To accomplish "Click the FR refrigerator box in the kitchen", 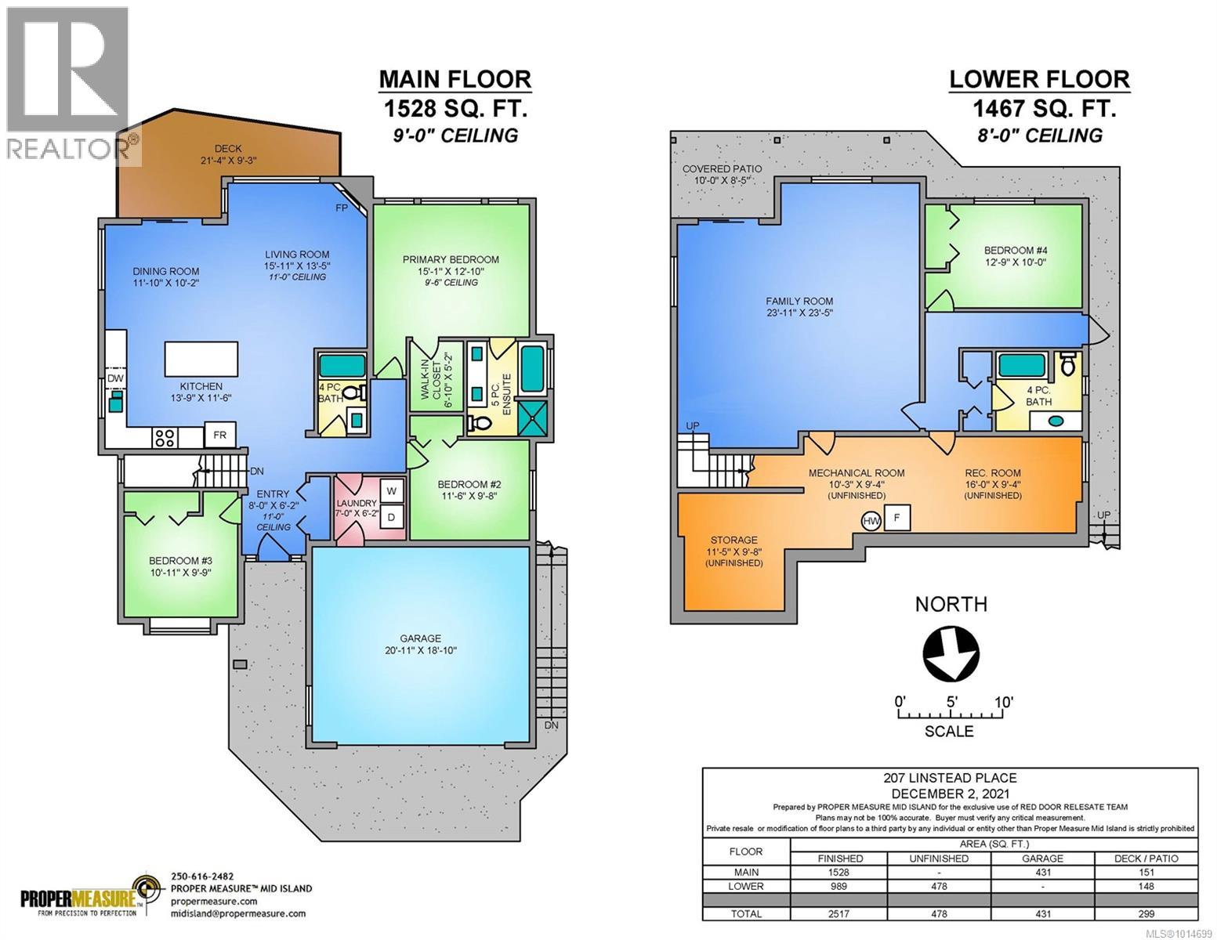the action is click(219, 435).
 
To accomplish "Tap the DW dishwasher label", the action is click(115, 378).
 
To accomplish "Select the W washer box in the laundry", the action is click(392, 492).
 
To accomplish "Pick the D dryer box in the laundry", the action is click(392, 517).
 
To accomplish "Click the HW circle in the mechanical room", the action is click(871, 521).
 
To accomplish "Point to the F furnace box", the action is click(896, 518).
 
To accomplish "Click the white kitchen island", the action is click(201, 359).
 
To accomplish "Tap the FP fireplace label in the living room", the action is click(342, 208).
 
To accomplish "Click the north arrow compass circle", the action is click(951, 653).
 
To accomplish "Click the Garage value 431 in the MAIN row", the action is click(1043, 872).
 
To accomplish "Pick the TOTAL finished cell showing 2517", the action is click(839, 913).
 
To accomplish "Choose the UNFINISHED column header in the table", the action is click(940, 859).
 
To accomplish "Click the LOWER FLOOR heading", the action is click(1039, 79).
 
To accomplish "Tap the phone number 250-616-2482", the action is click(202, 877).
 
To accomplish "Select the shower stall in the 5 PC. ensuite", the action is click(533, 417).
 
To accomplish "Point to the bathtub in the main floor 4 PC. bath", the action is click(342, 366).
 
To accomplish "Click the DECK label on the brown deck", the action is click(228, 148).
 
